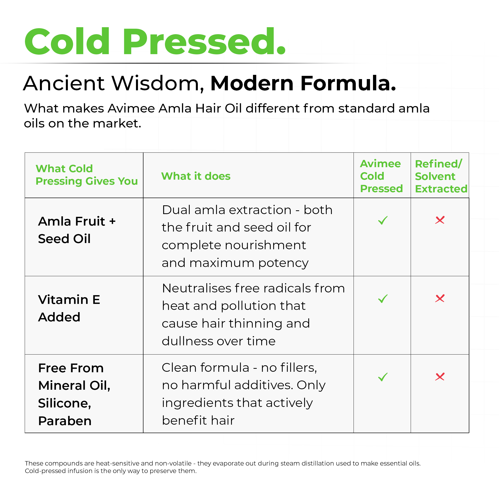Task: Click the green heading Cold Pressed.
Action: (x=155, y=41)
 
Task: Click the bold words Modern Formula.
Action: (x=303, y=83)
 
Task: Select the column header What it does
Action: (x=196, y=176)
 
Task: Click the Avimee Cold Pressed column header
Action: (x=381, y=176)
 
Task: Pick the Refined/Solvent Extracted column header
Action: (x=441, y=176)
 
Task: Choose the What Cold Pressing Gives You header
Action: (x=87, y=175)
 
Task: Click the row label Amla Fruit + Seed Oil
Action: (x=77, y=230)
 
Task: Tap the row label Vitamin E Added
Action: (x=69, y=308)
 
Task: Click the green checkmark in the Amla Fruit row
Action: (x=383, y=220)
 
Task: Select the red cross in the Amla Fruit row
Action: (x=440, y=220)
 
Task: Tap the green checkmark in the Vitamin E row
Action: (x=383, y=299)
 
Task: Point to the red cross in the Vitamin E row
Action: (x=440, y=298)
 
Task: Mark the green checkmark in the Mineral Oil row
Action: (x=383, y=377)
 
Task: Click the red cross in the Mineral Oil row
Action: (x=440, y=377)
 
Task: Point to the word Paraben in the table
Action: (x=65, y=421)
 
